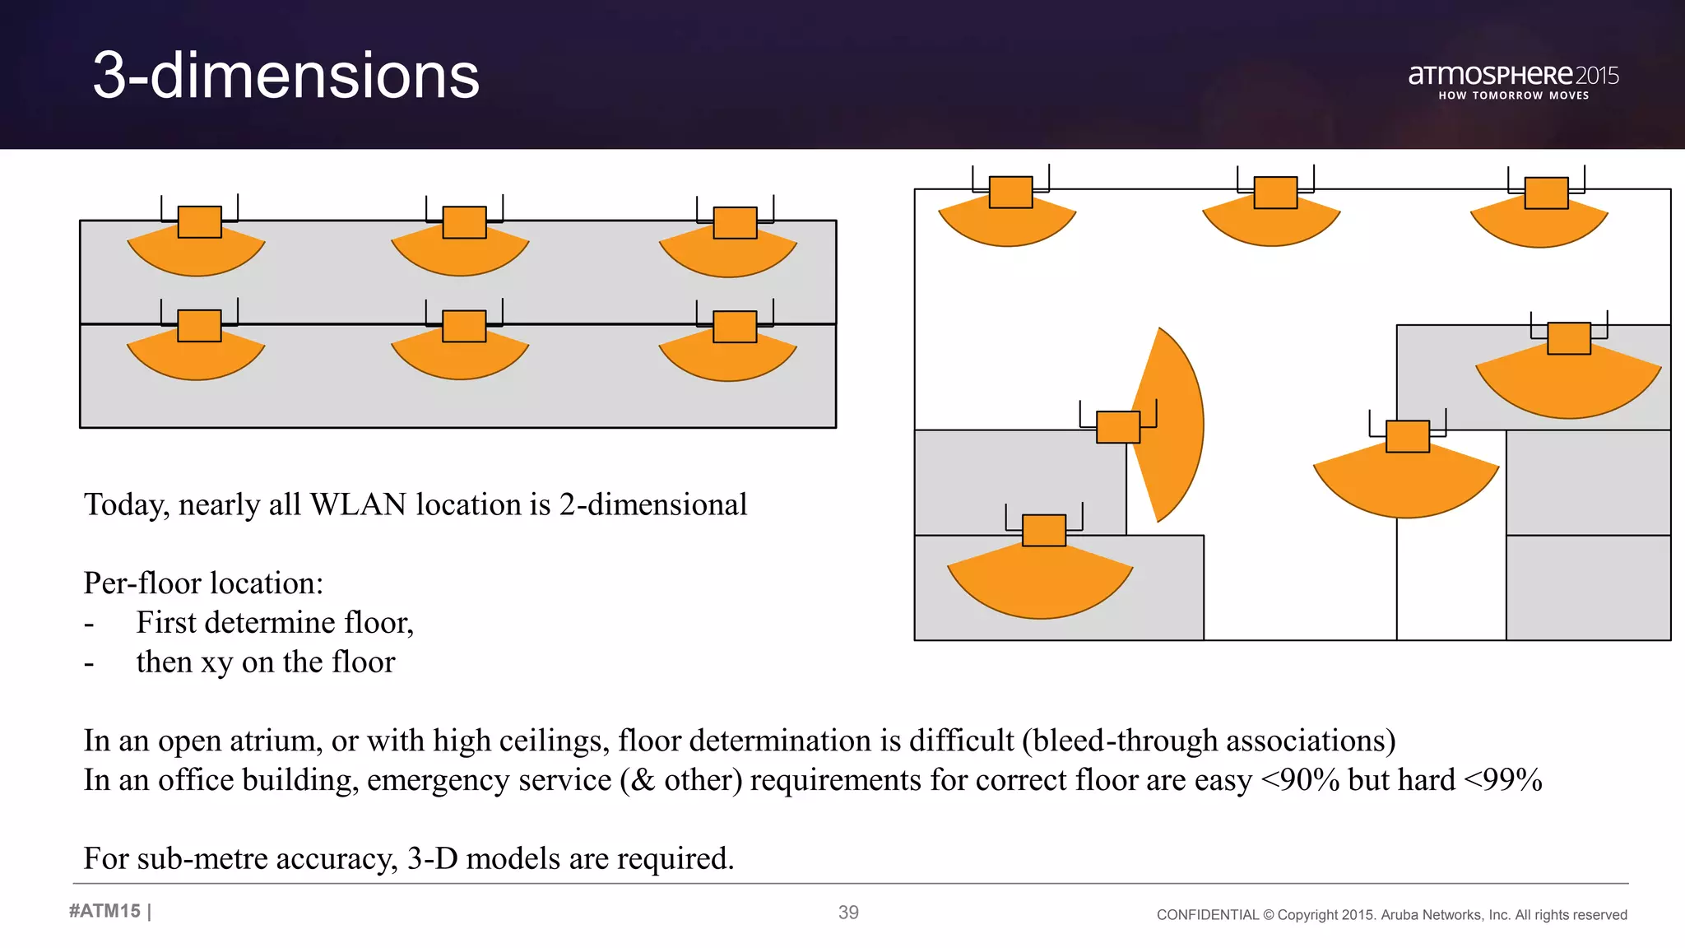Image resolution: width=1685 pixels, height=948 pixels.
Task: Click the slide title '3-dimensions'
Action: tap(285, 76)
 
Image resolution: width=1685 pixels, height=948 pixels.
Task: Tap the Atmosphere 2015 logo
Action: tap(1512, 76)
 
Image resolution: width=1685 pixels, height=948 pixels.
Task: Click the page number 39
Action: tap(848, 912)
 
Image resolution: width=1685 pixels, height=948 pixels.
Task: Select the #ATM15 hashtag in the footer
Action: tap(104, 911)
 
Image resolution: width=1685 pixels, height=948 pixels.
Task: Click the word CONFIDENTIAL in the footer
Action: tap(1207, 915)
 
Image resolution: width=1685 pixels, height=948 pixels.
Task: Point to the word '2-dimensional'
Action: tap(652, 504)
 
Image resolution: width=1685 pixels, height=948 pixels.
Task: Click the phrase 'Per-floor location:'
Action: tap(203, 583)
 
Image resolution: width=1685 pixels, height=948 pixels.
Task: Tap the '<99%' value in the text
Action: tap(1503, 780)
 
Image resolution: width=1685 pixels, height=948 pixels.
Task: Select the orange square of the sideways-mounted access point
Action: tap(1118, 427)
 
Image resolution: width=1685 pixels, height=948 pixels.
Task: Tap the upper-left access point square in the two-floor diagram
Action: tap(200, 222)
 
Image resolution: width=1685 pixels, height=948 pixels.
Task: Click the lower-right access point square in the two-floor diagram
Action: tap(735, 327)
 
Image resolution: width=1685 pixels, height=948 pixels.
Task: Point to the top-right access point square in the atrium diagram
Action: tap(1546, 193)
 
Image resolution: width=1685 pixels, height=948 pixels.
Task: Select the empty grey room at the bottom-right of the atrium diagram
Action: tap(1588, 588)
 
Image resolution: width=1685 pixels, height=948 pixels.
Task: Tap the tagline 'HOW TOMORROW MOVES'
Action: tap(1513, 95)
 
